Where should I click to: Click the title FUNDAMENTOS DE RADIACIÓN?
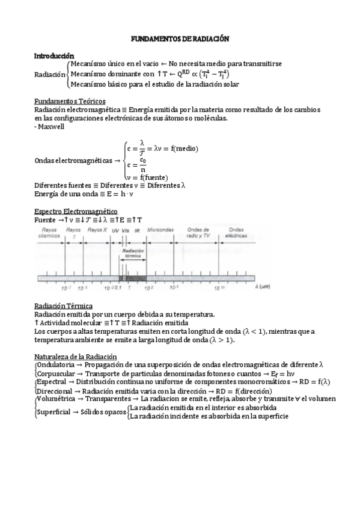[x=180, y=38]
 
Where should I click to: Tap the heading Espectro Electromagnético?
[x=76, y=212]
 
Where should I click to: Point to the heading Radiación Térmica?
[x=63, y=306]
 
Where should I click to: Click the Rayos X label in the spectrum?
[x=97, y=230]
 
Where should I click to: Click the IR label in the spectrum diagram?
[x=137, y=230]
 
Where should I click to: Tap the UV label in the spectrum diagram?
[x=115, y=230]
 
